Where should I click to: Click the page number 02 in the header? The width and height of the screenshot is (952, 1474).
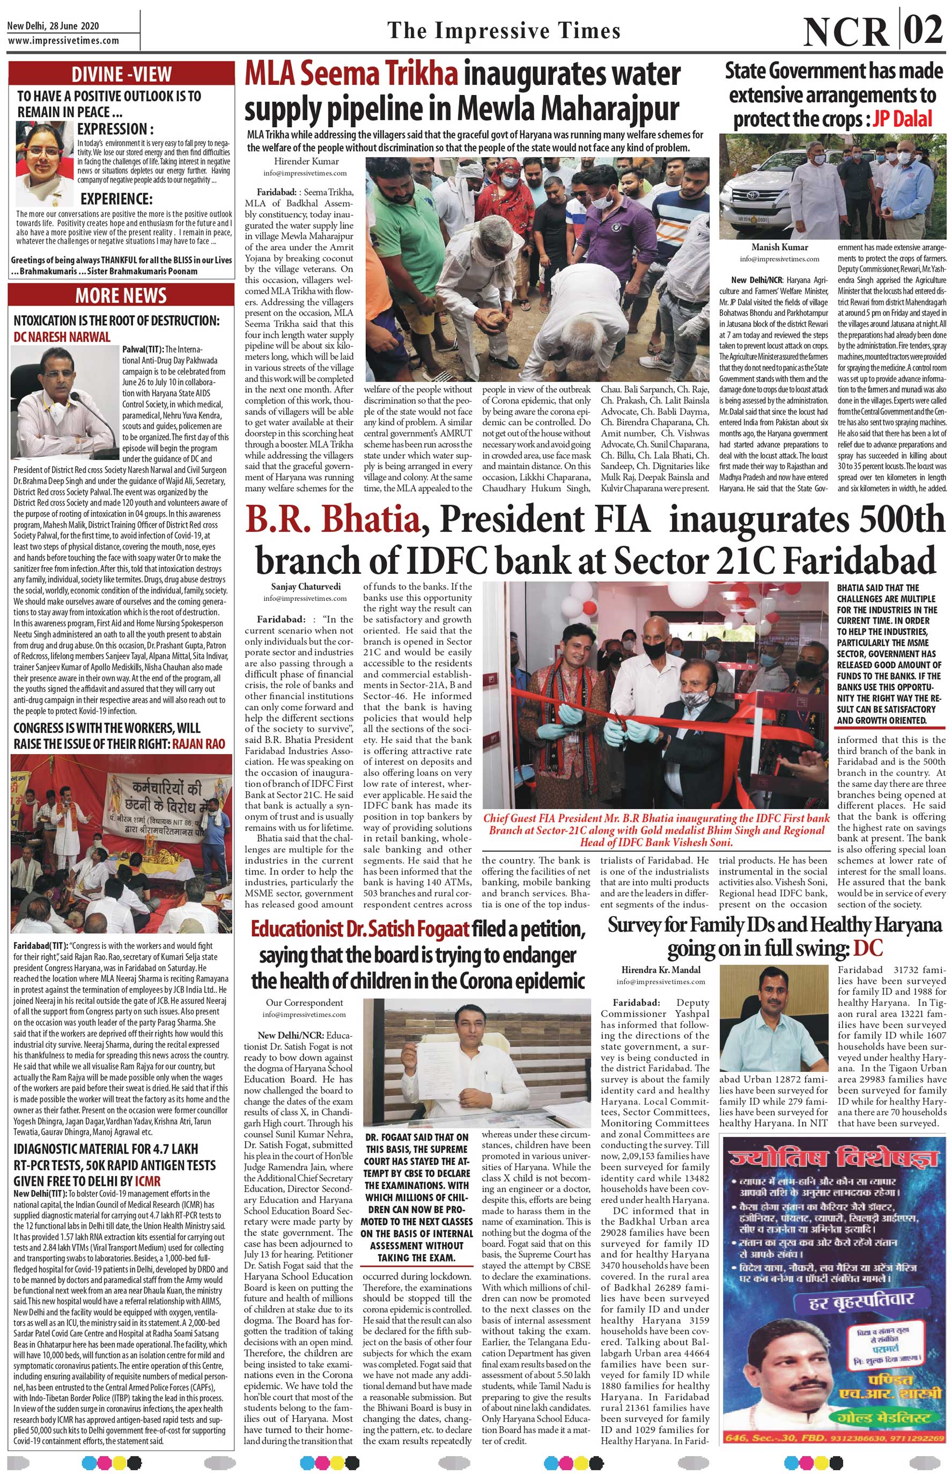pos(923,28)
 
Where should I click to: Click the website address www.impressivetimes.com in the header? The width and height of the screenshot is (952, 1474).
pos(63,40)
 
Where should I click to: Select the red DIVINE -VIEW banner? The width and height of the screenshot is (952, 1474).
pos(121,74)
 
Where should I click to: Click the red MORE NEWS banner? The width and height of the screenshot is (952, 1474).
pos(121,296)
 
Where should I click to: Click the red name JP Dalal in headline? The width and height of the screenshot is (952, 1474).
pos(902,119)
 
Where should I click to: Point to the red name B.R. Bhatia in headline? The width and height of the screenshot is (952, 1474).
pos(333,521)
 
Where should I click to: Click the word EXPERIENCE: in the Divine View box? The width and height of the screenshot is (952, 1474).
pos(116,199)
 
